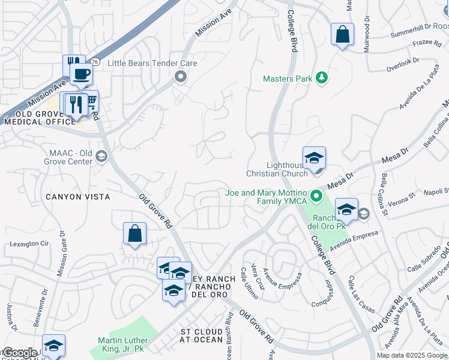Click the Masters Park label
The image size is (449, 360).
288,79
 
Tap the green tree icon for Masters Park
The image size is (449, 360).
322,78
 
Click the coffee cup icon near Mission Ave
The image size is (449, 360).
81,74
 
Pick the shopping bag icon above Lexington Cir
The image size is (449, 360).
134,233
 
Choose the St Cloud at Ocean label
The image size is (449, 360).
202,335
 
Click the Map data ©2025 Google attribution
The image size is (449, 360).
412,355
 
